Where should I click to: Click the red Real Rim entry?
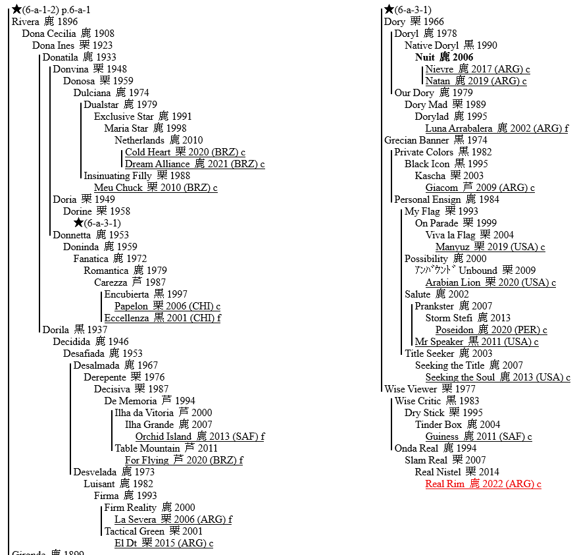coord(483,484)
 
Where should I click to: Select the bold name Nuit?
coord(428,57)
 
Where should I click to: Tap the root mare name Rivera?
coord(26,22)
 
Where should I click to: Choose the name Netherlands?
coord(139,140)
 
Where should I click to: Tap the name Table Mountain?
coord(147,448)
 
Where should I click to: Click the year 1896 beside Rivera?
coord(68,22)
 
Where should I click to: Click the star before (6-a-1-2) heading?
coord(16,9)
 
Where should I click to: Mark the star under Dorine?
coord(78,223)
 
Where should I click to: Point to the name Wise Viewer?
coord(411,389)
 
